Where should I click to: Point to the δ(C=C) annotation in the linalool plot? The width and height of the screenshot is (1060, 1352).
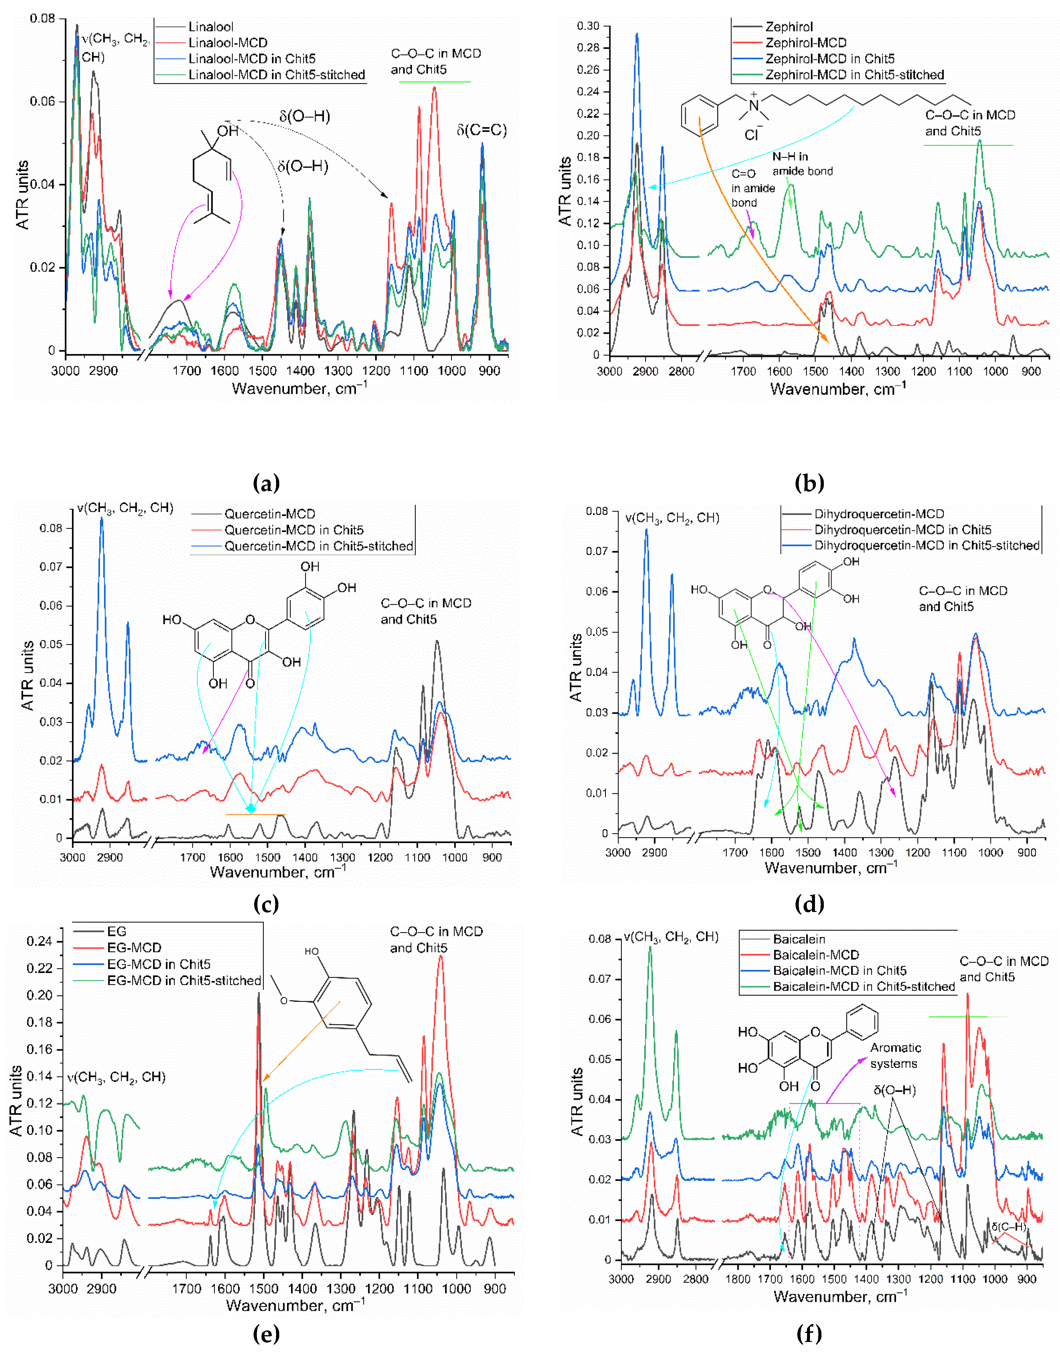[x=481, y=130]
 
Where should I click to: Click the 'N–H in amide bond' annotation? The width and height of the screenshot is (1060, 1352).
[x=803, y=164]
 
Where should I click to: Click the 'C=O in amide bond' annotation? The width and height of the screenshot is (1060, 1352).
[x=753, y=188]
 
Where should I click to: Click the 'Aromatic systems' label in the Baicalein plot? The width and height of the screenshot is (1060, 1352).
[x=895, y=1055]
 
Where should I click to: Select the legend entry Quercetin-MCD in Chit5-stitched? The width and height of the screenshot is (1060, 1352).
[x=318, y=546]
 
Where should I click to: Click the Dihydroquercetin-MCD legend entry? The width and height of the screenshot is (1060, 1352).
[x=879, y=514]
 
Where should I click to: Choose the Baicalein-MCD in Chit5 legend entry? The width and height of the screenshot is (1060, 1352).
[x=839, y=970]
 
